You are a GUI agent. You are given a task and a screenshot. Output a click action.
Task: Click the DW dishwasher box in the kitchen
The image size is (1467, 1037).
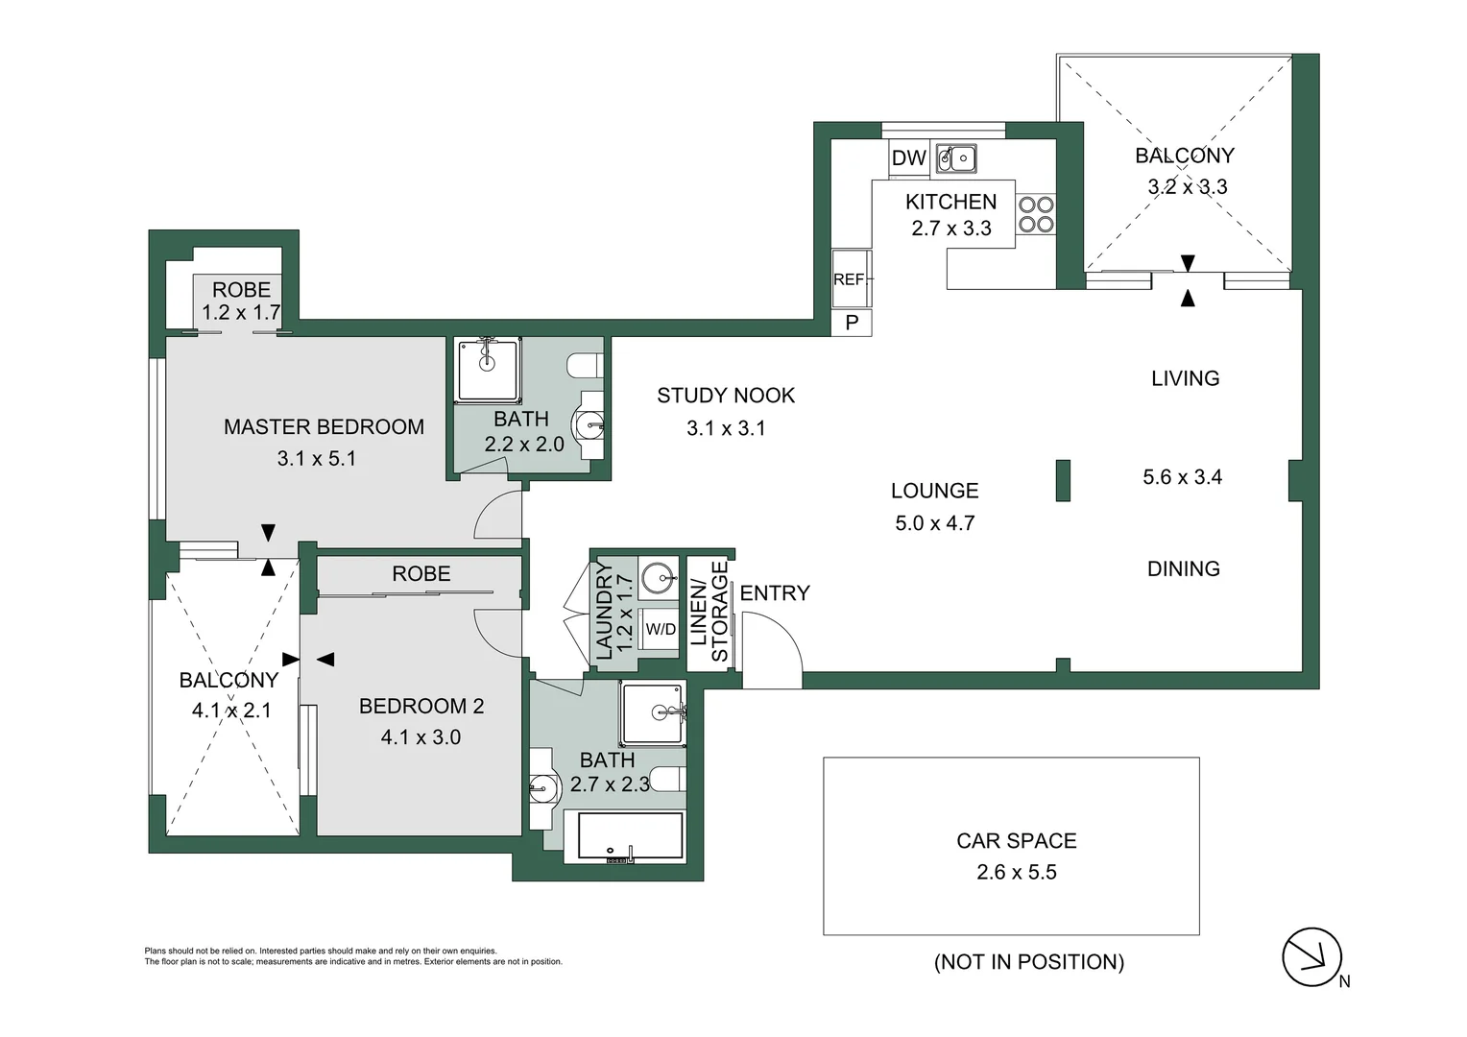click(x=908, y=158)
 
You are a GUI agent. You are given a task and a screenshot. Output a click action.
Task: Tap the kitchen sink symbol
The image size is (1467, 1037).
click(x=956, y=158)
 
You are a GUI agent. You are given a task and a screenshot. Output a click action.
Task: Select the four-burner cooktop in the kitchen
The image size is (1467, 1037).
click(x=1036, y=214)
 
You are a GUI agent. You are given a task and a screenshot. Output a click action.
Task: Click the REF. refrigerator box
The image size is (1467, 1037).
click(x=851, y=279)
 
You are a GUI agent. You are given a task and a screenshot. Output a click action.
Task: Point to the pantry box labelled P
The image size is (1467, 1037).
click(x=852, y=324)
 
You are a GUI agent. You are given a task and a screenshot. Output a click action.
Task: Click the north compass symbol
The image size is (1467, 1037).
click(x=1311, y=956)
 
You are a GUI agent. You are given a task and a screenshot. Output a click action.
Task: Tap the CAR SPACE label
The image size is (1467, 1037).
click(x=1016, y=841)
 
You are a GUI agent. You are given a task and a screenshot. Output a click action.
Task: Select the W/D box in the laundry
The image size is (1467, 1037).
click(x=660, y=630)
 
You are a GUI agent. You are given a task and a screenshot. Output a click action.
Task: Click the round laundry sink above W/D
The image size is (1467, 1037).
click(x=659, y=579)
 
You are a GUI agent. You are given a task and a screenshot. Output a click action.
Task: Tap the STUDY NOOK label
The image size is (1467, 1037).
click(x=726, y=396)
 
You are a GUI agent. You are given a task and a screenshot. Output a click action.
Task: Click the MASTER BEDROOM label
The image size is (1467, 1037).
click(x=324, y=427)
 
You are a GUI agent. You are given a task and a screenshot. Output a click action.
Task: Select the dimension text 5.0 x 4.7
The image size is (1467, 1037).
click(x=934, y=523)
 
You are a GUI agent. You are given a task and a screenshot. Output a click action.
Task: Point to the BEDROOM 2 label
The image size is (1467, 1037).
click(x=421, y=707)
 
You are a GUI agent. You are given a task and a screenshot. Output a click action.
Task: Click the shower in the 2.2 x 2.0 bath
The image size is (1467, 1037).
click(x=488, y=369)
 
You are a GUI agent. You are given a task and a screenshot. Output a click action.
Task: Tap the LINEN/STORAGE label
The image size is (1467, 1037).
click(x=709, y=612)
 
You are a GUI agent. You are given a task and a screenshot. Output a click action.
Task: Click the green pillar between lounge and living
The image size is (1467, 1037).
click(x=1063, y=480)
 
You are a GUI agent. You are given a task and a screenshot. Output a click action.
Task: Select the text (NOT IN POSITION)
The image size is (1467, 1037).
click(x=1028, y=962)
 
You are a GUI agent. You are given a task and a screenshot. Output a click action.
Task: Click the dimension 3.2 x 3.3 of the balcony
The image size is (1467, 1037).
click(x=1188, y=187)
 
